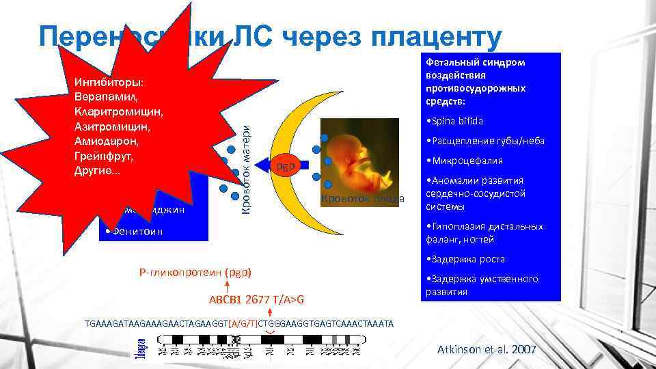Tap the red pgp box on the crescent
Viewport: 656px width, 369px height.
(285, 166)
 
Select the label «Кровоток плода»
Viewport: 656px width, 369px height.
(363, 200)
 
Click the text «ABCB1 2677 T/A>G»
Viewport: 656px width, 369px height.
(256, 300)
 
